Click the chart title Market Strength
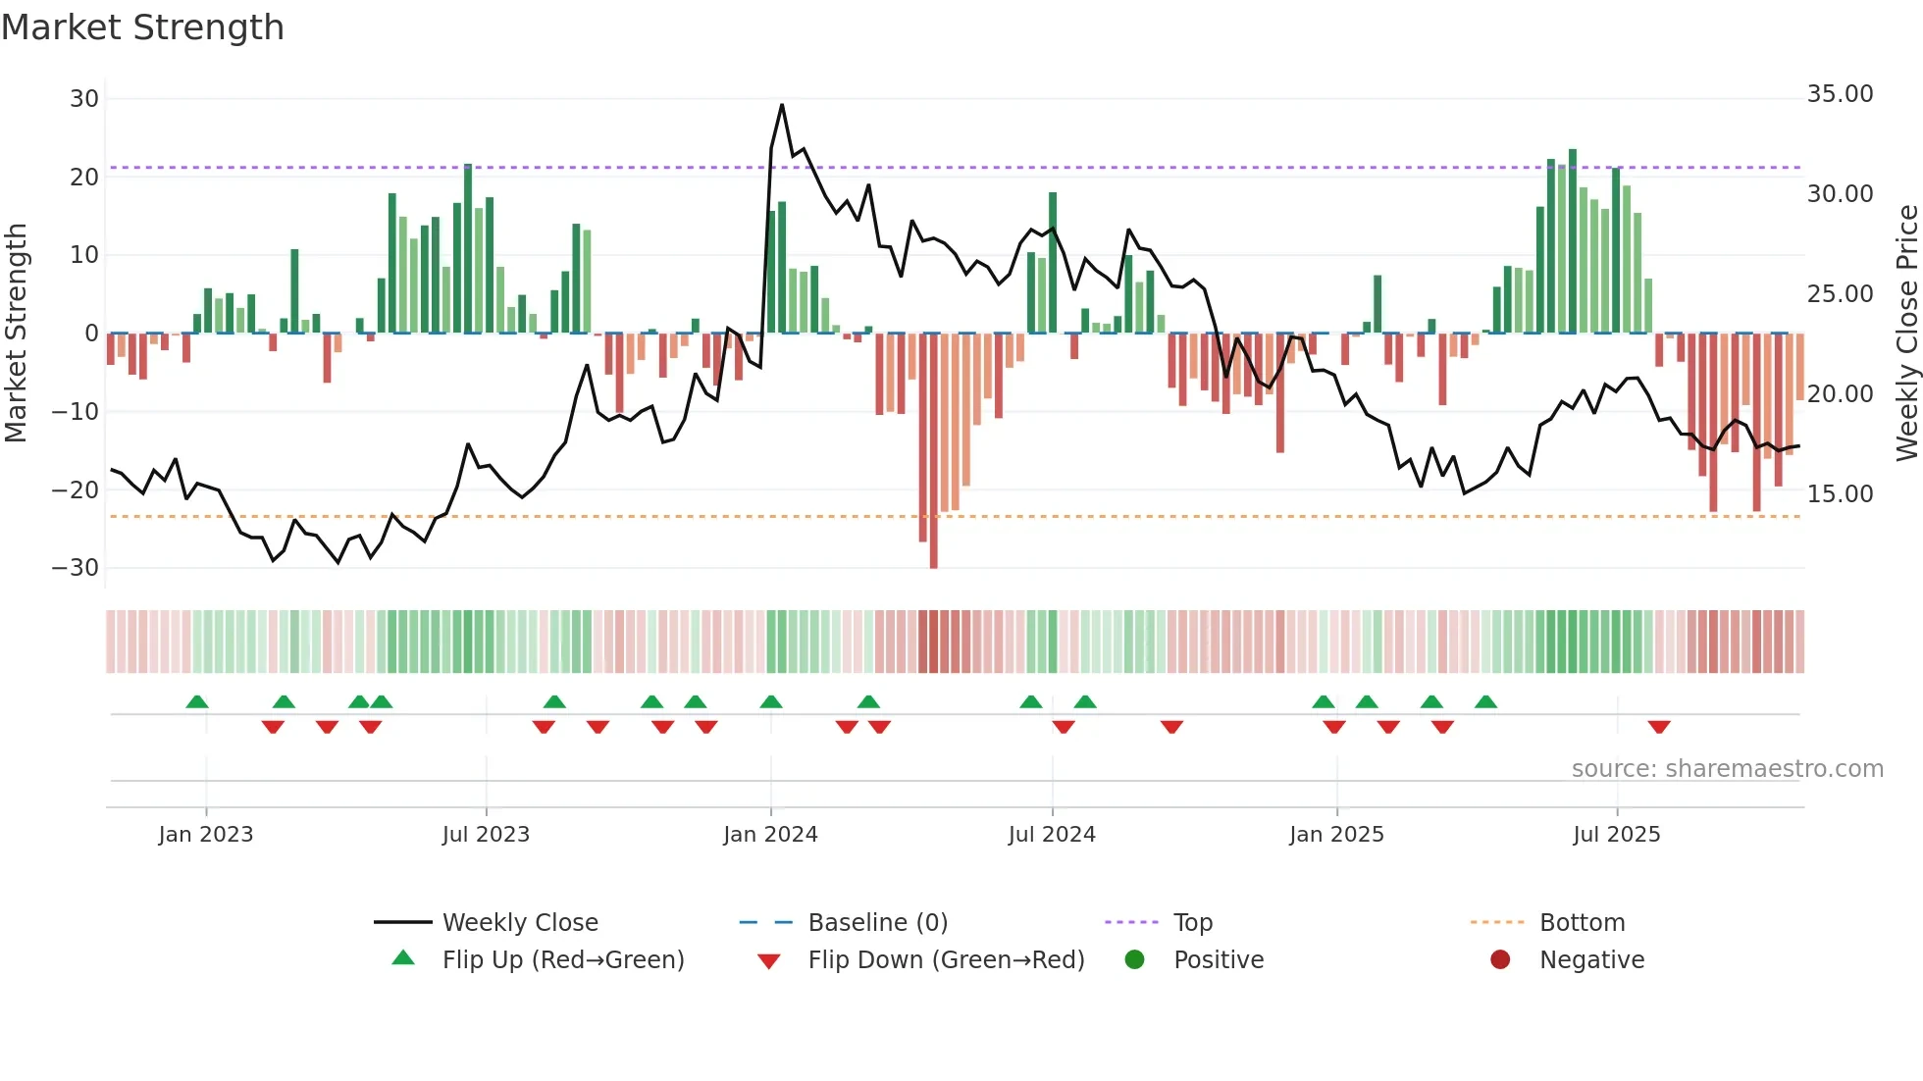142,27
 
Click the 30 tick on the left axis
84,98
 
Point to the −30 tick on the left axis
76,567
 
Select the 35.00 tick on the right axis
1840,94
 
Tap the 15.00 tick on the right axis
1840,493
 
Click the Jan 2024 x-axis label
770,834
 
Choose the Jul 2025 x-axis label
1616,834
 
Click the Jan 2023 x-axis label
206,834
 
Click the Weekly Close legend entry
520,922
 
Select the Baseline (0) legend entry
877,922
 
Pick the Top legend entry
1193,922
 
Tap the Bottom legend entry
1582,922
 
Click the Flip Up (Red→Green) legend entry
563,959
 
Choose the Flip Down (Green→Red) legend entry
946,959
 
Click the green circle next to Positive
1135,959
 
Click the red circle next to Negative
1500,959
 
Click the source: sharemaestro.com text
1727,768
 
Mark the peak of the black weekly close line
782,105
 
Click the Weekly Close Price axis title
1906,333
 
